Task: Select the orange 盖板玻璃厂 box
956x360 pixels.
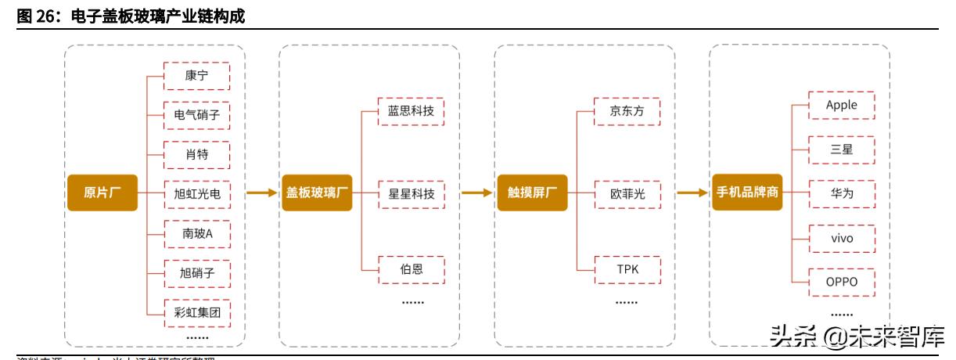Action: (x=316, y=193)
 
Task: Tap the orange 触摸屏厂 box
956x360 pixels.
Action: (x=531, y=193)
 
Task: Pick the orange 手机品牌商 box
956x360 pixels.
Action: (x=747, y=193)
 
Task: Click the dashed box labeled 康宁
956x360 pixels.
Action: (x=196, y=76)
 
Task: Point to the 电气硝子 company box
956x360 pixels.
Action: (x=196, y=115)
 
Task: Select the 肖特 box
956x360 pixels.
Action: (x=196, y=154)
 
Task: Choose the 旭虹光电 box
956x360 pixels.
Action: (x=196, y=193)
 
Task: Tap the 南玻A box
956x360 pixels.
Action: (x=196, y=233)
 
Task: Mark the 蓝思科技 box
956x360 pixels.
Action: (x=412, y=111)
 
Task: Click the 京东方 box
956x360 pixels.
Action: (x=627, y=111)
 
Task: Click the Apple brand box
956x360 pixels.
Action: (x=842, y=106)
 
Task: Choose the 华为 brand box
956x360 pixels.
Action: (x=842, y=193)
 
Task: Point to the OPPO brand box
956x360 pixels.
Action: (x=842, y=281)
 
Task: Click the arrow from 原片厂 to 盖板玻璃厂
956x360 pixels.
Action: (x=262, y=193)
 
